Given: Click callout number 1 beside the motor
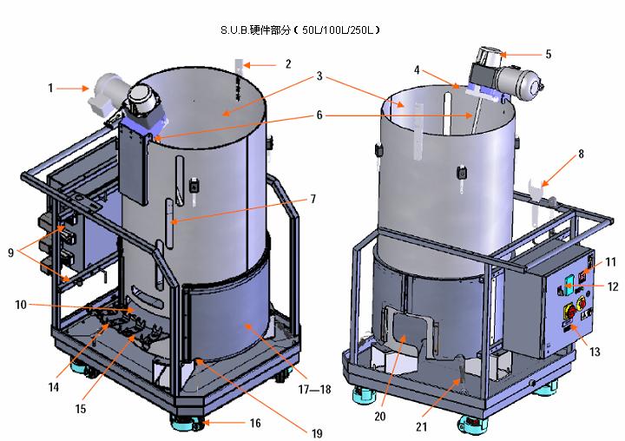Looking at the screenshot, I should click(x=51, y=87).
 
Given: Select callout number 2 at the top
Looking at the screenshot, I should click(x=288, y=63).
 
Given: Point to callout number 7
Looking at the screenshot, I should click(x=312, y=199).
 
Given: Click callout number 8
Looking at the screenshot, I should click(x=581, y=154).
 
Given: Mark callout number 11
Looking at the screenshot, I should click(x=611, y=260).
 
